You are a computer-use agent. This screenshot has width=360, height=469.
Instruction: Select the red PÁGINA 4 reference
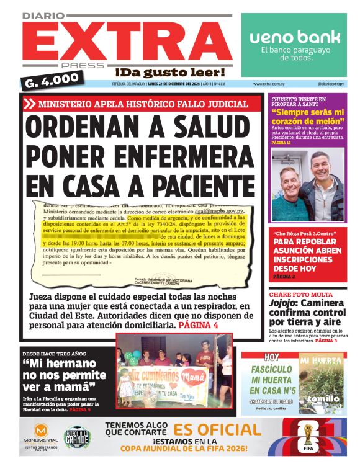(198, 325)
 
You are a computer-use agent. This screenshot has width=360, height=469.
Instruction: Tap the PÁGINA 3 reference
(326, 341)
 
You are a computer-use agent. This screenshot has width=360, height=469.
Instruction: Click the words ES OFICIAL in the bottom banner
(217, 430)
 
